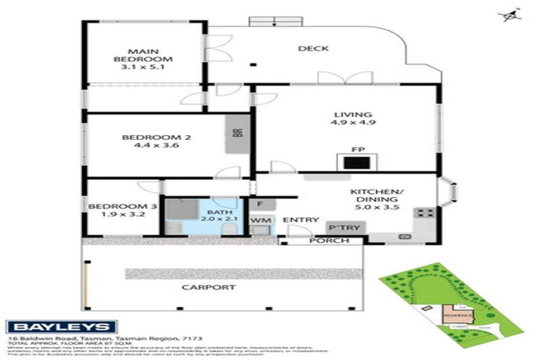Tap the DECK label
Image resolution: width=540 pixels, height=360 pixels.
(x=310, y=49)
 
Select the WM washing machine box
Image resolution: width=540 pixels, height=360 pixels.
(x=259, y=222)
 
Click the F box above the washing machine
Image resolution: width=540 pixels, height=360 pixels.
(x=259, y=205)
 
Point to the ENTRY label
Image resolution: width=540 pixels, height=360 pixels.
(x=301, y=220)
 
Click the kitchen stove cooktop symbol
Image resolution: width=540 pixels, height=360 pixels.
(x=424, y=212)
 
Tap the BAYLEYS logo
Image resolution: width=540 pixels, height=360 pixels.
(x=61, y=327)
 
